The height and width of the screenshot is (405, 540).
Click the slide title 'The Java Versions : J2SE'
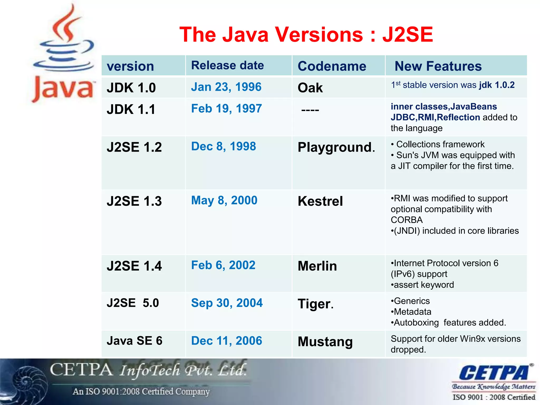(306, 35)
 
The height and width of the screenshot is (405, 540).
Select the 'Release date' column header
(227, 65)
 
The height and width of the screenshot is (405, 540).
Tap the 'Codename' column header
(332, 66)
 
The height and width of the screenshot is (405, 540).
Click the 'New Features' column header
(438, 66)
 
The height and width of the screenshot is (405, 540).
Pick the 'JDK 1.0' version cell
(131, 88)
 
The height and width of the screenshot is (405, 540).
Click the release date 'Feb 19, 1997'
(226, 109)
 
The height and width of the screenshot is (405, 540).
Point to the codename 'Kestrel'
(320, 201)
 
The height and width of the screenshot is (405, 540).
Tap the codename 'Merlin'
(317, 266)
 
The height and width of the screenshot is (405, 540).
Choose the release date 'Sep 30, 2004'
(227, 303)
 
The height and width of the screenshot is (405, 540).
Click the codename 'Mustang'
(325, 342)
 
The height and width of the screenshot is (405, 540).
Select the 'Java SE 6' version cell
(134, 341)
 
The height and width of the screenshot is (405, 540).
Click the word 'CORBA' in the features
(407, 220)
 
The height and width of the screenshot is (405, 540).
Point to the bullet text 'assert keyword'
(423, 285)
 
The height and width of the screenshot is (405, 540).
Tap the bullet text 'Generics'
(412, 301)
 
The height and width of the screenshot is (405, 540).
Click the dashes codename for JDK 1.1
(310, 110)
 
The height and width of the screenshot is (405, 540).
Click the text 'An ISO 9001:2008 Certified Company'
(141, 392)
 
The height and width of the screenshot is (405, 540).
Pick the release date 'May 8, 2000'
(224, 200)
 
